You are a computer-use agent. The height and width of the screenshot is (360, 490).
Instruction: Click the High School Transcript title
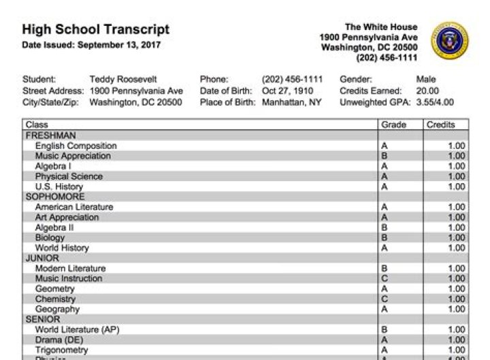(x=95, y=30)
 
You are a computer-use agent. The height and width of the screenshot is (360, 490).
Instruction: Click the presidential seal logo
(x=449, y=42)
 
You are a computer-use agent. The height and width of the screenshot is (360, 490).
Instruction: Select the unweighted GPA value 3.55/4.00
(x=435, y=103)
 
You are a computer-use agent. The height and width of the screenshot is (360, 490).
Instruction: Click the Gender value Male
(x=425, y=80)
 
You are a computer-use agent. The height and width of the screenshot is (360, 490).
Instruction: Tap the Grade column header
(x=393, y=125)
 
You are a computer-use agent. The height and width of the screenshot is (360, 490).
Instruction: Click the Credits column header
(x=440, y=125)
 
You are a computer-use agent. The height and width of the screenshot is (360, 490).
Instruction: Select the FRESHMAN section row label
(x=50, y=135)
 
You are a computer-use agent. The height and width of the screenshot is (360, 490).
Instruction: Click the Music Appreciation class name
(x=73, y=156)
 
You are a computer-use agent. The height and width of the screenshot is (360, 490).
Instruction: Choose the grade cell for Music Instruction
(x=385, y=278)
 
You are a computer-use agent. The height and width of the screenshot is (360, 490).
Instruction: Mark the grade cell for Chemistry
(x=385, y=299)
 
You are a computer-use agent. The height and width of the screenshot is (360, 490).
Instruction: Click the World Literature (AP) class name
(x=77, y=329)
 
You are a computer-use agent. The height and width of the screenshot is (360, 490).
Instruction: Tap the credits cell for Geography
(x=456, y=309)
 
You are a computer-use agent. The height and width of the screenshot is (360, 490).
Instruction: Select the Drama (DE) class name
(x=58, y=340)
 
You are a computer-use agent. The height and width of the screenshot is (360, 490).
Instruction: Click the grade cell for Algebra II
(x=385, y=227)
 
